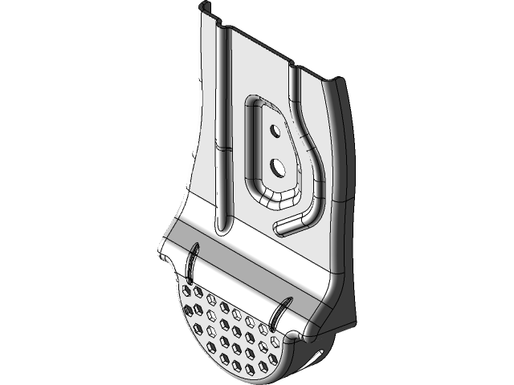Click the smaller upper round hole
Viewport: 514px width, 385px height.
coord(275,129)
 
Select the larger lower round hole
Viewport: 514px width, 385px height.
coord(277,167)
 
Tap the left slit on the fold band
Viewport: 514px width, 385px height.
coord(193,261)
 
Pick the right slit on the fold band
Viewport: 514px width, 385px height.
coord(283,311)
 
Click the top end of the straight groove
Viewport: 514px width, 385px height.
coord(225,32)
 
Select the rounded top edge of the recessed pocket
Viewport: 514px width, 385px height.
coord(259,100)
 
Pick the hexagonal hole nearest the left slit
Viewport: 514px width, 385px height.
coord(190,290)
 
